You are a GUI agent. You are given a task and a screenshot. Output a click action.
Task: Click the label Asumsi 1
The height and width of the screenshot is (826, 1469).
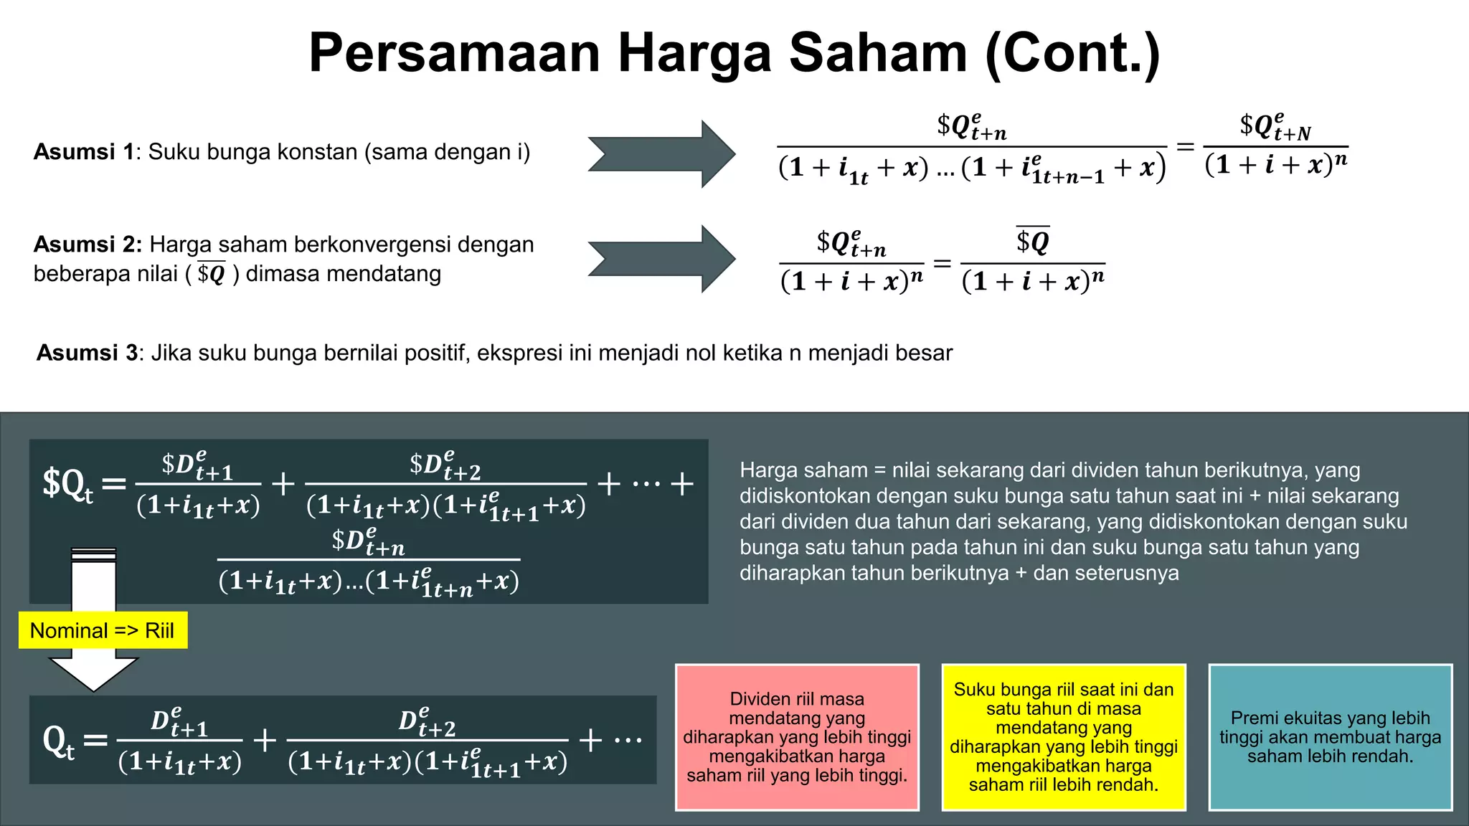point(84,152)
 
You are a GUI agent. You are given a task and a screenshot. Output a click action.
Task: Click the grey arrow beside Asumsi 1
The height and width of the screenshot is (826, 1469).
point(661,154)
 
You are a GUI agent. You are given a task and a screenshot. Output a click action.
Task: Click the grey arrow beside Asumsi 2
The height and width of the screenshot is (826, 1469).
point(661,259)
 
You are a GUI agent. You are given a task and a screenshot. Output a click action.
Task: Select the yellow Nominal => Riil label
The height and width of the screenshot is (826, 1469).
point(103,630)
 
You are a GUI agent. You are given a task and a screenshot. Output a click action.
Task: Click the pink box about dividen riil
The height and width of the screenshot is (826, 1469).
point(797,737)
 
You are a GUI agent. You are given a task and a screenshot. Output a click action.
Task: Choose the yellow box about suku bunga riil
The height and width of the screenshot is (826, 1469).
point(1063,737)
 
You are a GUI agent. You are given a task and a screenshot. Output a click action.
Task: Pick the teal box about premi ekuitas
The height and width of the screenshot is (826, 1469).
point(1330,737)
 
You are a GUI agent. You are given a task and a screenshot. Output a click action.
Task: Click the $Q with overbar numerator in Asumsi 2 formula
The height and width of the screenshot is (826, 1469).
point(1033,241)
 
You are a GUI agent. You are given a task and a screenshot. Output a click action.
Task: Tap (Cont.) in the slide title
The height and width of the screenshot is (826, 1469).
point(1072,54)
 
